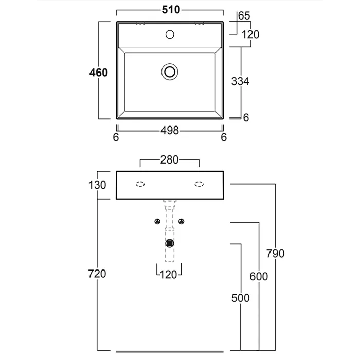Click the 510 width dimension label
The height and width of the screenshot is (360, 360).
coord(170,10)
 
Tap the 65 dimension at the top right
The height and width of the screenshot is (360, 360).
coord(244,16)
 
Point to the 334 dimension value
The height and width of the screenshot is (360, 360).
coord(240,81)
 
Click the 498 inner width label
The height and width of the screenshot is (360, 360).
coord(169,131)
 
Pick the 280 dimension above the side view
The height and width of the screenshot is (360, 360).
coord(169,160)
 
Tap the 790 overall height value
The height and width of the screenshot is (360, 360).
coord(275,253)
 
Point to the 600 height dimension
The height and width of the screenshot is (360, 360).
coord(258,276)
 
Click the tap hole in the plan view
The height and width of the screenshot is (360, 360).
coord(170,35)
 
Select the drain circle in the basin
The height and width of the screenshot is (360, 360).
coord(170,71)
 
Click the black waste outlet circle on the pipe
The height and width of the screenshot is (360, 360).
coord(170,243)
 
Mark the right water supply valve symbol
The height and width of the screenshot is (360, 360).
coord(182,221)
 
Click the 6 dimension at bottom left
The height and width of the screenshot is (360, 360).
coord(116,137)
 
